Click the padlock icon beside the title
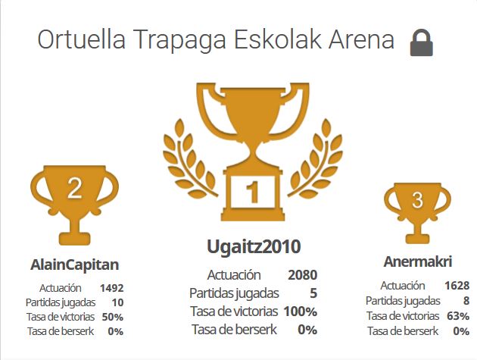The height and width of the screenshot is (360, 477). click(421, 42)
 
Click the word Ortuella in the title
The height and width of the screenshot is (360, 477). click(81, 39)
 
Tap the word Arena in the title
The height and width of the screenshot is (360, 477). click(361, 39)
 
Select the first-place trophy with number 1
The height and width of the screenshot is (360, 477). click(253, 152)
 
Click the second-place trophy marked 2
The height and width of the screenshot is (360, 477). click(74, 205)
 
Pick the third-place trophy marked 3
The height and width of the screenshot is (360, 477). click(417, 213)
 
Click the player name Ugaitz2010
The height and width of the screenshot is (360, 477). click(254, 247)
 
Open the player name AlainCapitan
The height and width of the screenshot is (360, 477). click(74, 265)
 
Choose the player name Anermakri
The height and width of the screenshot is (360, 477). click(418, 261)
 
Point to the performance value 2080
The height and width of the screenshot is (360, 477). click(303, 275)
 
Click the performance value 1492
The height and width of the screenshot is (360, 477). click(111, 288)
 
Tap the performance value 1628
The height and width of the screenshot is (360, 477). click(457, 286)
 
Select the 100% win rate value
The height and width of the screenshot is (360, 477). click(301, 311)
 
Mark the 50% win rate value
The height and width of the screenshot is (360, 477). click(113, 317)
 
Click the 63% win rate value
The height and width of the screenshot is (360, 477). click(458, 316)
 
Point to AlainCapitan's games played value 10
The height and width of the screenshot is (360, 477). click(117, 302)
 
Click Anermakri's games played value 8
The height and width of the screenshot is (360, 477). click(466, 301)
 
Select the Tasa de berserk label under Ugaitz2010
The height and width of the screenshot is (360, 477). click(234, 330)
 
